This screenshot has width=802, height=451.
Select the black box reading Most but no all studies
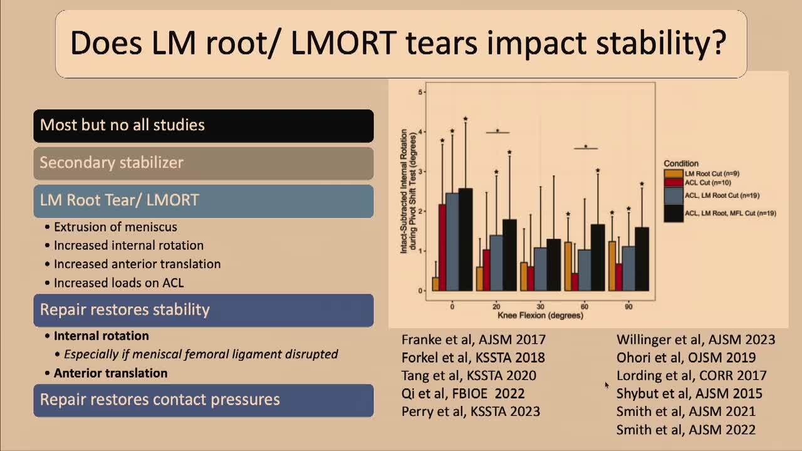point(203,125)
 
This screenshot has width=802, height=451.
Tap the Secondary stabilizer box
point(203,163)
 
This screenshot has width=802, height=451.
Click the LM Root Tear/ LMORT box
point(203,200)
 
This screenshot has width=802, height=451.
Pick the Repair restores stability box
point(203,310)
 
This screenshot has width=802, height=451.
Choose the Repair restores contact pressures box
point(203,400)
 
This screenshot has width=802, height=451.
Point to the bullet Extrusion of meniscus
point(115,227)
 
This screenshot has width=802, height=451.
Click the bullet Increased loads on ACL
point(119,283)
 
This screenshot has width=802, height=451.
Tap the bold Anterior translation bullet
point(110,373)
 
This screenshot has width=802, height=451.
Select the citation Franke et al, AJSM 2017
point(473,340)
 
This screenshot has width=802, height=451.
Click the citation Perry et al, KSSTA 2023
point(471,412)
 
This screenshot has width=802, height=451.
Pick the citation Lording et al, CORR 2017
point(691,376)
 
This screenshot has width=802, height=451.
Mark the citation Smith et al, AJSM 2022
point(685,430)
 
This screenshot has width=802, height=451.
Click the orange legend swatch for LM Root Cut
point(674,173)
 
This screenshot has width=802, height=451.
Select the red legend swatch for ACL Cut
point(674,182)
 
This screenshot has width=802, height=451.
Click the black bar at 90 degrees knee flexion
point(642,259)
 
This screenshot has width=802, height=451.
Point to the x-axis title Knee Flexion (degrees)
point(540,316)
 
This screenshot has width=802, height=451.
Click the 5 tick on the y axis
point(420,92)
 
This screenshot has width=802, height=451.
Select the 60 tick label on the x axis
point(585,306)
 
